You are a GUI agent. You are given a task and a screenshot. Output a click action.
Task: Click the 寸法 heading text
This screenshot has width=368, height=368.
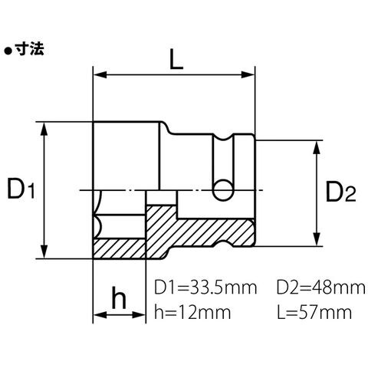30,48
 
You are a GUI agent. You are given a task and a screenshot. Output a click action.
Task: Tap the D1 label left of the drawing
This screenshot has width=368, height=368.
21,189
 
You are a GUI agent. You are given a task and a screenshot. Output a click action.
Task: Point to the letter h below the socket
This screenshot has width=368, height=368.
119,297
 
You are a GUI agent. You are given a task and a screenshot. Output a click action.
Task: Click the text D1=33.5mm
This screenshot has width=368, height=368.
205,287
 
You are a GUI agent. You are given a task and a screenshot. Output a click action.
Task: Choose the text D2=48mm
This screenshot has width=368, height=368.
321,287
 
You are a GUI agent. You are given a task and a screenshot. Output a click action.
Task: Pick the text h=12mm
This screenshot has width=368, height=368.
192,312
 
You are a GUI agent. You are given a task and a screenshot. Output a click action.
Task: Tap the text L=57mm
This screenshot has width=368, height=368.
314,312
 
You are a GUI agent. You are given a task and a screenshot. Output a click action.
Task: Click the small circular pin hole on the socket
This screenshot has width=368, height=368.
223,190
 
